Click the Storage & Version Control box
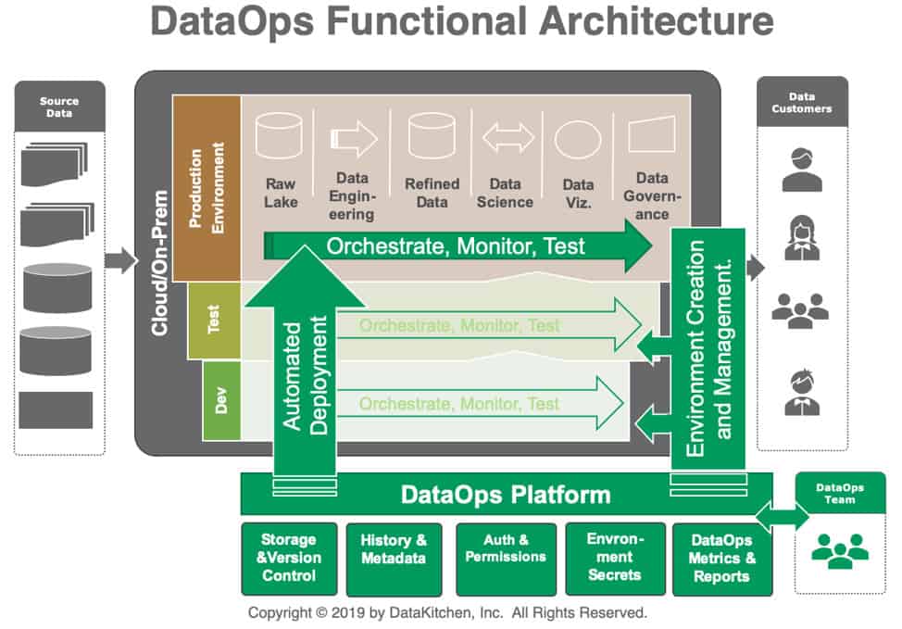[x=288, y=558]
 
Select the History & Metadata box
[x=394, y=558]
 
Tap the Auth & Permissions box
[x=506, y=558]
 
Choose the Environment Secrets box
[x=614, y=558]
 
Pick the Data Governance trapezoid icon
[x=652, y=135]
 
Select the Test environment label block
[x=214, y=321]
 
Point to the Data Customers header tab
[x=802, y=102]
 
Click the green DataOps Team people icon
[x=840, y=550]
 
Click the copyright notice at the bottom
[x=446, y=612]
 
